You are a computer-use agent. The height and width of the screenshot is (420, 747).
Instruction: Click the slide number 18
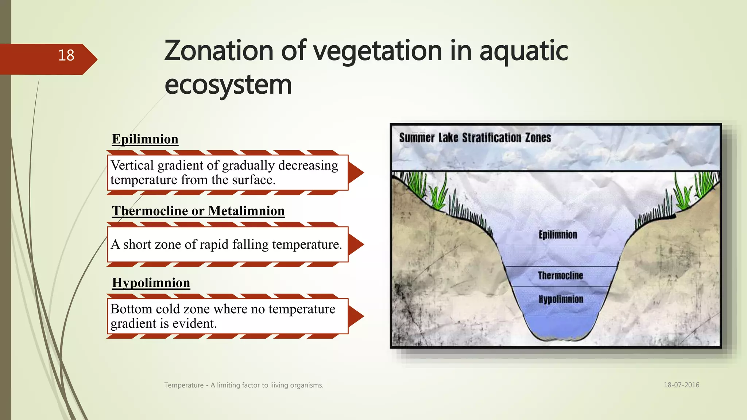66,55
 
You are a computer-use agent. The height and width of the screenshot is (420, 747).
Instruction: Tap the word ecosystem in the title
228,85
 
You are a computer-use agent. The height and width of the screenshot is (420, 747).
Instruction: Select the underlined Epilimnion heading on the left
145,139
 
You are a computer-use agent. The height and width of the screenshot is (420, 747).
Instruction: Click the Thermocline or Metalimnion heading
198,211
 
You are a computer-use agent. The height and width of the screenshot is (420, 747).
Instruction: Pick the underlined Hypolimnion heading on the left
151,283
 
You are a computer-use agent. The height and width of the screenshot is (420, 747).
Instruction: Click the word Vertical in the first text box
132,166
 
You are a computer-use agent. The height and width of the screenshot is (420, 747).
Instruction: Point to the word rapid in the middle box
214,244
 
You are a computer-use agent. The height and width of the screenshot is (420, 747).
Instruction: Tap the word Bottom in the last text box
131,309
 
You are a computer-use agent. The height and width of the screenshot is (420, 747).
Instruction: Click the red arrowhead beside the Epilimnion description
355,172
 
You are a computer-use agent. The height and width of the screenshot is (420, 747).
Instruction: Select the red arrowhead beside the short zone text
355,244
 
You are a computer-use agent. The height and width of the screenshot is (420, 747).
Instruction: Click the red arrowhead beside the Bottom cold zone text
355,316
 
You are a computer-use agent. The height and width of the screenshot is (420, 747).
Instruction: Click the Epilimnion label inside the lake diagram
558,235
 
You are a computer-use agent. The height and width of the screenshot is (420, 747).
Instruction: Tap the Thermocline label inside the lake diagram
560,276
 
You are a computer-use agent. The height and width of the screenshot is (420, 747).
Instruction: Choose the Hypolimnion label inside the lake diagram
561,299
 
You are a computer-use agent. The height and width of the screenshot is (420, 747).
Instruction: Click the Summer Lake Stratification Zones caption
475,138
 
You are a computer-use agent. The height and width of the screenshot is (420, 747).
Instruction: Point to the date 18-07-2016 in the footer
681,385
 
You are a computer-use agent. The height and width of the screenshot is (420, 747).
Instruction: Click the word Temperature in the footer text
184,385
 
